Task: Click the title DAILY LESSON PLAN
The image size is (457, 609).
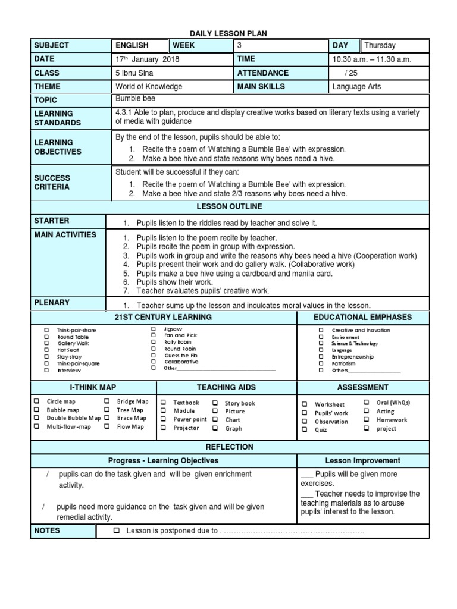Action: click(x=229, y=33)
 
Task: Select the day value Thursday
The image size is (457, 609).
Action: click(x=380, y=45)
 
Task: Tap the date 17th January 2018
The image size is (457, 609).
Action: click(x=147, y=59)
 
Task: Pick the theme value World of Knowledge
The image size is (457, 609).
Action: click(x=149, y=87)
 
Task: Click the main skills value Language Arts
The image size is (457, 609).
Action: click(x=357, y=87)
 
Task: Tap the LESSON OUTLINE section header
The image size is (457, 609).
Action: click(x=229, y=206)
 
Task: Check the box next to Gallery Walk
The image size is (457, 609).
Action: click(x=46, y=344)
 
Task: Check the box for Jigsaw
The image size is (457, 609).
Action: click(x=153, y=329)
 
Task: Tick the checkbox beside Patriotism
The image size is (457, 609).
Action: click(x=321, y=363)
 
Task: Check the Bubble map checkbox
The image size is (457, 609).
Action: click(x=37, y=410)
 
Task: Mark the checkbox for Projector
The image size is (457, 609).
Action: click(x=163, y=428)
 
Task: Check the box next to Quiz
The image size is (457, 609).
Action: click(x=305, y=430)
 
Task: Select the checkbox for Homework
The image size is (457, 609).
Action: click(x=367, y=420)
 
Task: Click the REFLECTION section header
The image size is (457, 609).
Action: click(x=229, y=447)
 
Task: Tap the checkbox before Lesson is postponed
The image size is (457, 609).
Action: click(x=117, y=531)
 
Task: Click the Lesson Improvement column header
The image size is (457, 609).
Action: click(x=362, y=461)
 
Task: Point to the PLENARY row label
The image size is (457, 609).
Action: click(x=52, y=303)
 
